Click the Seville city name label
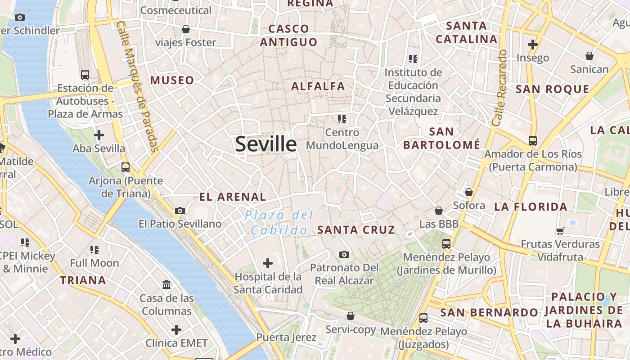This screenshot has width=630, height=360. point(266,144)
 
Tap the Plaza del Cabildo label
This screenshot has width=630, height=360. point(279,222)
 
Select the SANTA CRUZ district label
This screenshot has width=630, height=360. point(356,230)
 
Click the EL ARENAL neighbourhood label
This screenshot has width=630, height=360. point(233,197)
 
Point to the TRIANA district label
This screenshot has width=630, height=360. point(83,280)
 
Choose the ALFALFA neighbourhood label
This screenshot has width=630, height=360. point(318,86)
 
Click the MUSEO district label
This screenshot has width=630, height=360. point(172,81)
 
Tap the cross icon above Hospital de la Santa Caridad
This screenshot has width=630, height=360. point(268,263)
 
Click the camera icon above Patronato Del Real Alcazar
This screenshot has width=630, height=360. point(344,254)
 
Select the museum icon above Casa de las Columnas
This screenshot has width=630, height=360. point(166,284)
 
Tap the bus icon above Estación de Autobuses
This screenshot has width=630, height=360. point(85,74)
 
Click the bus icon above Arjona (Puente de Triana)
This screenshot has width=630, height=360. point(126,167)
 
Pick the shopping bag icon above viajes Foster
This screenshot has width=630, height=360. point(185,29)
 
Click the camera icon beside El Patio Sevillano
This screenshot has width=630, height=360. point(180,211)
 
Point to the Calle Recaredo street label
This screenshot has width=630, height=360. point(499,88)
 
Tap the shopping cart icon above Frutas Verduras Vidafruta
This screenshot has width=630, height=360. point(560,231)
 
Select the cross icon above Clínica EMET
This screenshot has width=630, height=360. point(176,330)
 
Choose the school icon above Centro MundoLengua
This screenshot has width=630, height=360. point(342,119)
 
